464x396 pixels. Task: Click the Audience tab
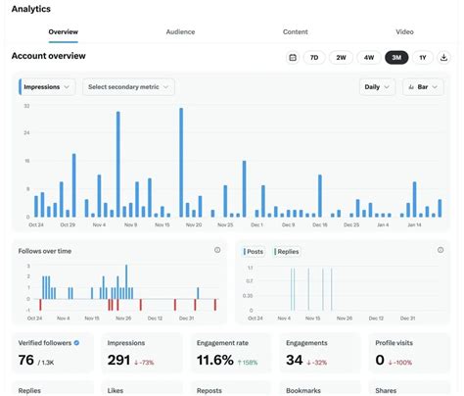(180, 31)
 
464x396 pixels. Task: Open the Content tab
(295, 31)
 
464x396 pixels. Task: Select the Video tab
(404, 31)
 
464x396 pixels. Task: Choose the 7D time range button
(313, 58)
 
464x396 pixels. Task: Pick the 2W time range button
(341, 58)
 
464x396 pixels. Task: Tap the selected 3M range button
(396, 58)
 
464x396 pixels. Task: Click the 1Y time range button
(422, 58)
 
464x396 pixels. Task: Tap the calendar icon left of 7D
(292, 58)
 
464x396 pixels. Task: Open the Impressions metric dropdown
(47, 86)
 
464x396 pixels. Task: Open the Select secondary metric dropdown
(128, 86)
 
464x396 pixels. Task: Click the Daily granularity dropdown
(376, 86)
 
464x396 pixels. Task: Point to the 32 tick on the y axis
(26, 105)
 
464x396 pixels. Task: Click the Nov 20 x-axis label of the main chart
(193, 224)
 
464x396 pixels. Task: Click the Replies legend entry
(287, 251)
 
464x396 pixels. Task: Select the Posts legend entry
(254, 251)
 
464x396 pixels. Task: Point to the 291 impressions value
(119, 361)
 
